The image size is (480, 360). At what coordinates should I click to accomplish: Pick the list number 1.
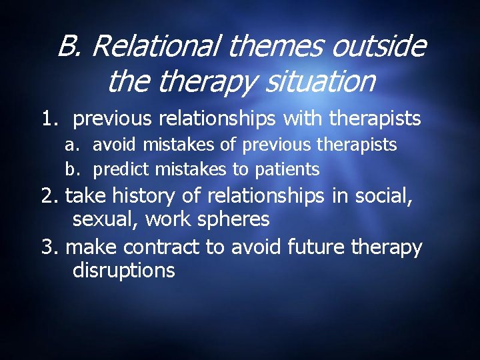(x=49, y=119)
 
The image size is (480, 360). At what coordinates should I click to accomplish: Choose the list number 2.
(x=49, y=195)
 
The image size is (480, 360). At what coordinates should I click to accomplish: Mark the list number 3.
(x=49, y=247)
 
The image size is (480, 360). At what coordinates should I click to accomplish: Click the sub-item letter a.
(x=71, y=145)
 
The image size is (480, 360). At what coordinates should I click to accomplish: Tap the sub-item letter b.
(x=71, y=169)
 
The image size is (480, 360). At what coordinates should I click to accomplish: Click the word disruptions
(x=123, y=271)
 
